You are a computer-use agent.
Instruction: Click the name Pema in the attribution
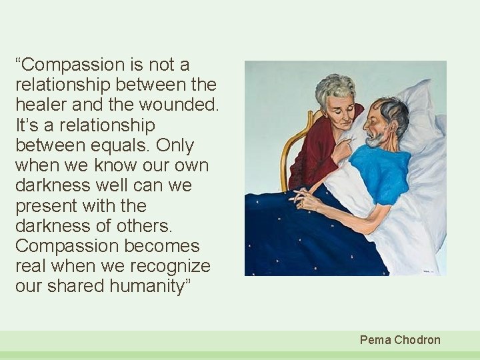pyautogui.click(x=375, y=340)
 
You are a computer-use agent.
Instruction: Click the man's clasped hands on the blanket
pyautogui.click(x=307, y=198)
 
